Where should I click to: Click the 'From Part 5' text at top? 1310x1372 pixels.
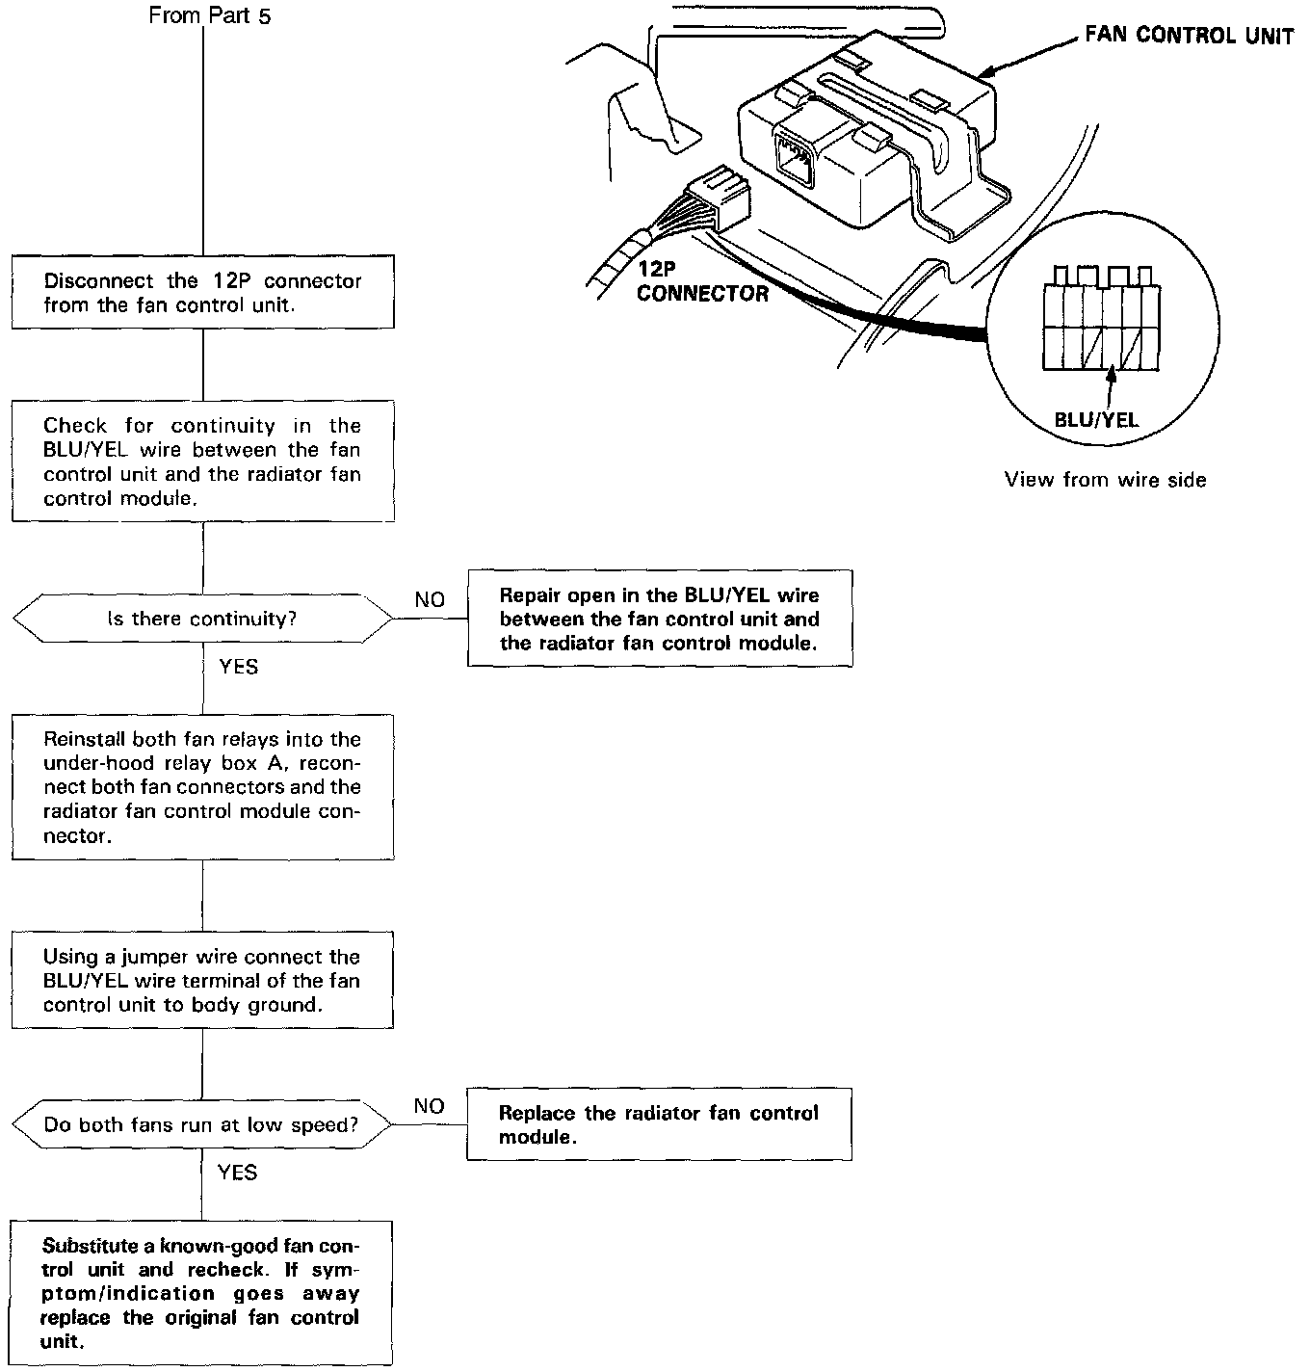210,16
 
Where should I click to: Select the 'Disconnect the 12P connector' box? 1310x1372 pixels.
202,293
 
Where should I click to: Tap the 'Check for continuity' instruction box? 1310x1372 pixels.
202,462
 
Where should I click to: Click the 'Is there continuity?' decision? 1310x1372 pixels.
202,619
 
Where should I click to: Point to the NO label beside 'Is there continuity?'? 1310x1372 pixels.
430,599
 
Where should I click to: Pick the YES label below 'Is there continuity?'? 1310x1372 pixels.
238,667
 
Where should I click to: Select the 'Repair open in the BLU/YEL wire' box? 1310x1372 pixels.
660,619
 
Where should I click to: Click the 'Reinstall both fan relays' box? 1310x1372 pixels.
202,787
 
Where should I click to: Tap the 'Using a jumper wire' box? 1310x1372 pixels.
202,981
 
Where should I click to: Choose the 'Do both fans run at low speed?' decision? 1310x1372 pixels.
202,1124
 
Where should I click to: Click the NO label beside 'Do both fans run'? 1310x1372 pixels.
429,1105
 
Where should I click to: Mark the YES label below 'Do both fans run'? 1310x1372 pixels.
237,1172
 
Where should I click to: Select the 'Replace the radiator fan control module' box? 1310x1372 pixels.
659,1124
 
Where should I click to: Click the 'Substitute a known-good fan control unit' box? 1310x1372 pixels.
202,1293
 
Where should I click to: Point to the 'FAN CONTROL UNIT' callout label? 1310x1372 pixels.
1189,37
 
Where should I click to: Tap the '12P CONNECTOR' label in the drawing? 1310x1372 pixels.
702,283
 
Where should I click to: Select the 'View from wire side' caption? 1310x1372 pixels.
1105,480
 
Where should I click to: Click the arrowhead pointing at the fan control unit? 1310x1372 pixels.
987,73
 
